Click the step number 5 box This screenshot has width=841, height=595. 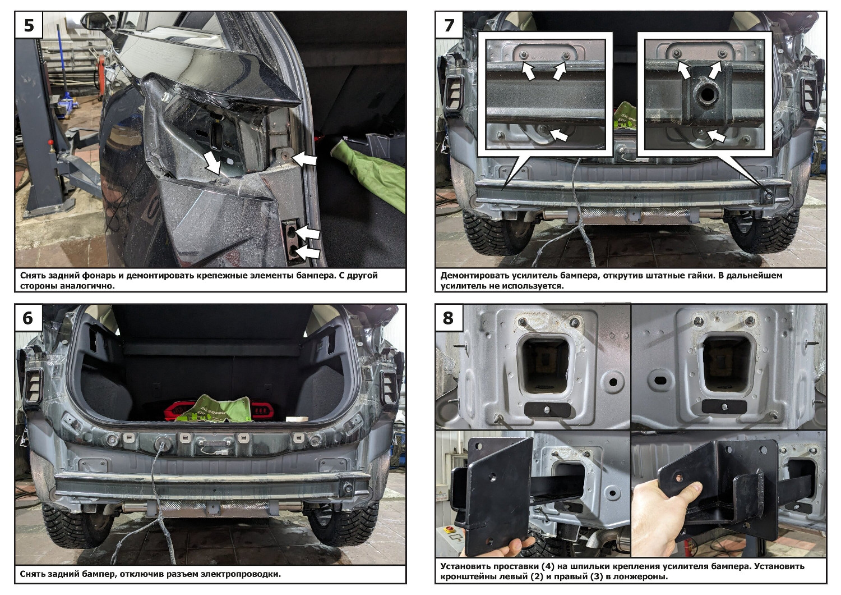coord(29,25)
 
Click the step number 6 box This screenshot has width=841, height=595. coord(29,318)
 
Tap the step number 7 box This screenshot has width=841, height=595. coord(449,25)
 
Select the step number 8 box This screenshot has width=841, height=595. coord(449,318)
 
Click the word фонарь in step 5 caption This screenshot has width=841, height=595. coord(99,276)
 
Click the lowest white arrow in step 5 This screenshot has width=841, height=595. coord(307,251)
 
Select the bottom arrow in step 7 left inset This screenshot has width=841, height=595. coord(559,135)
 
